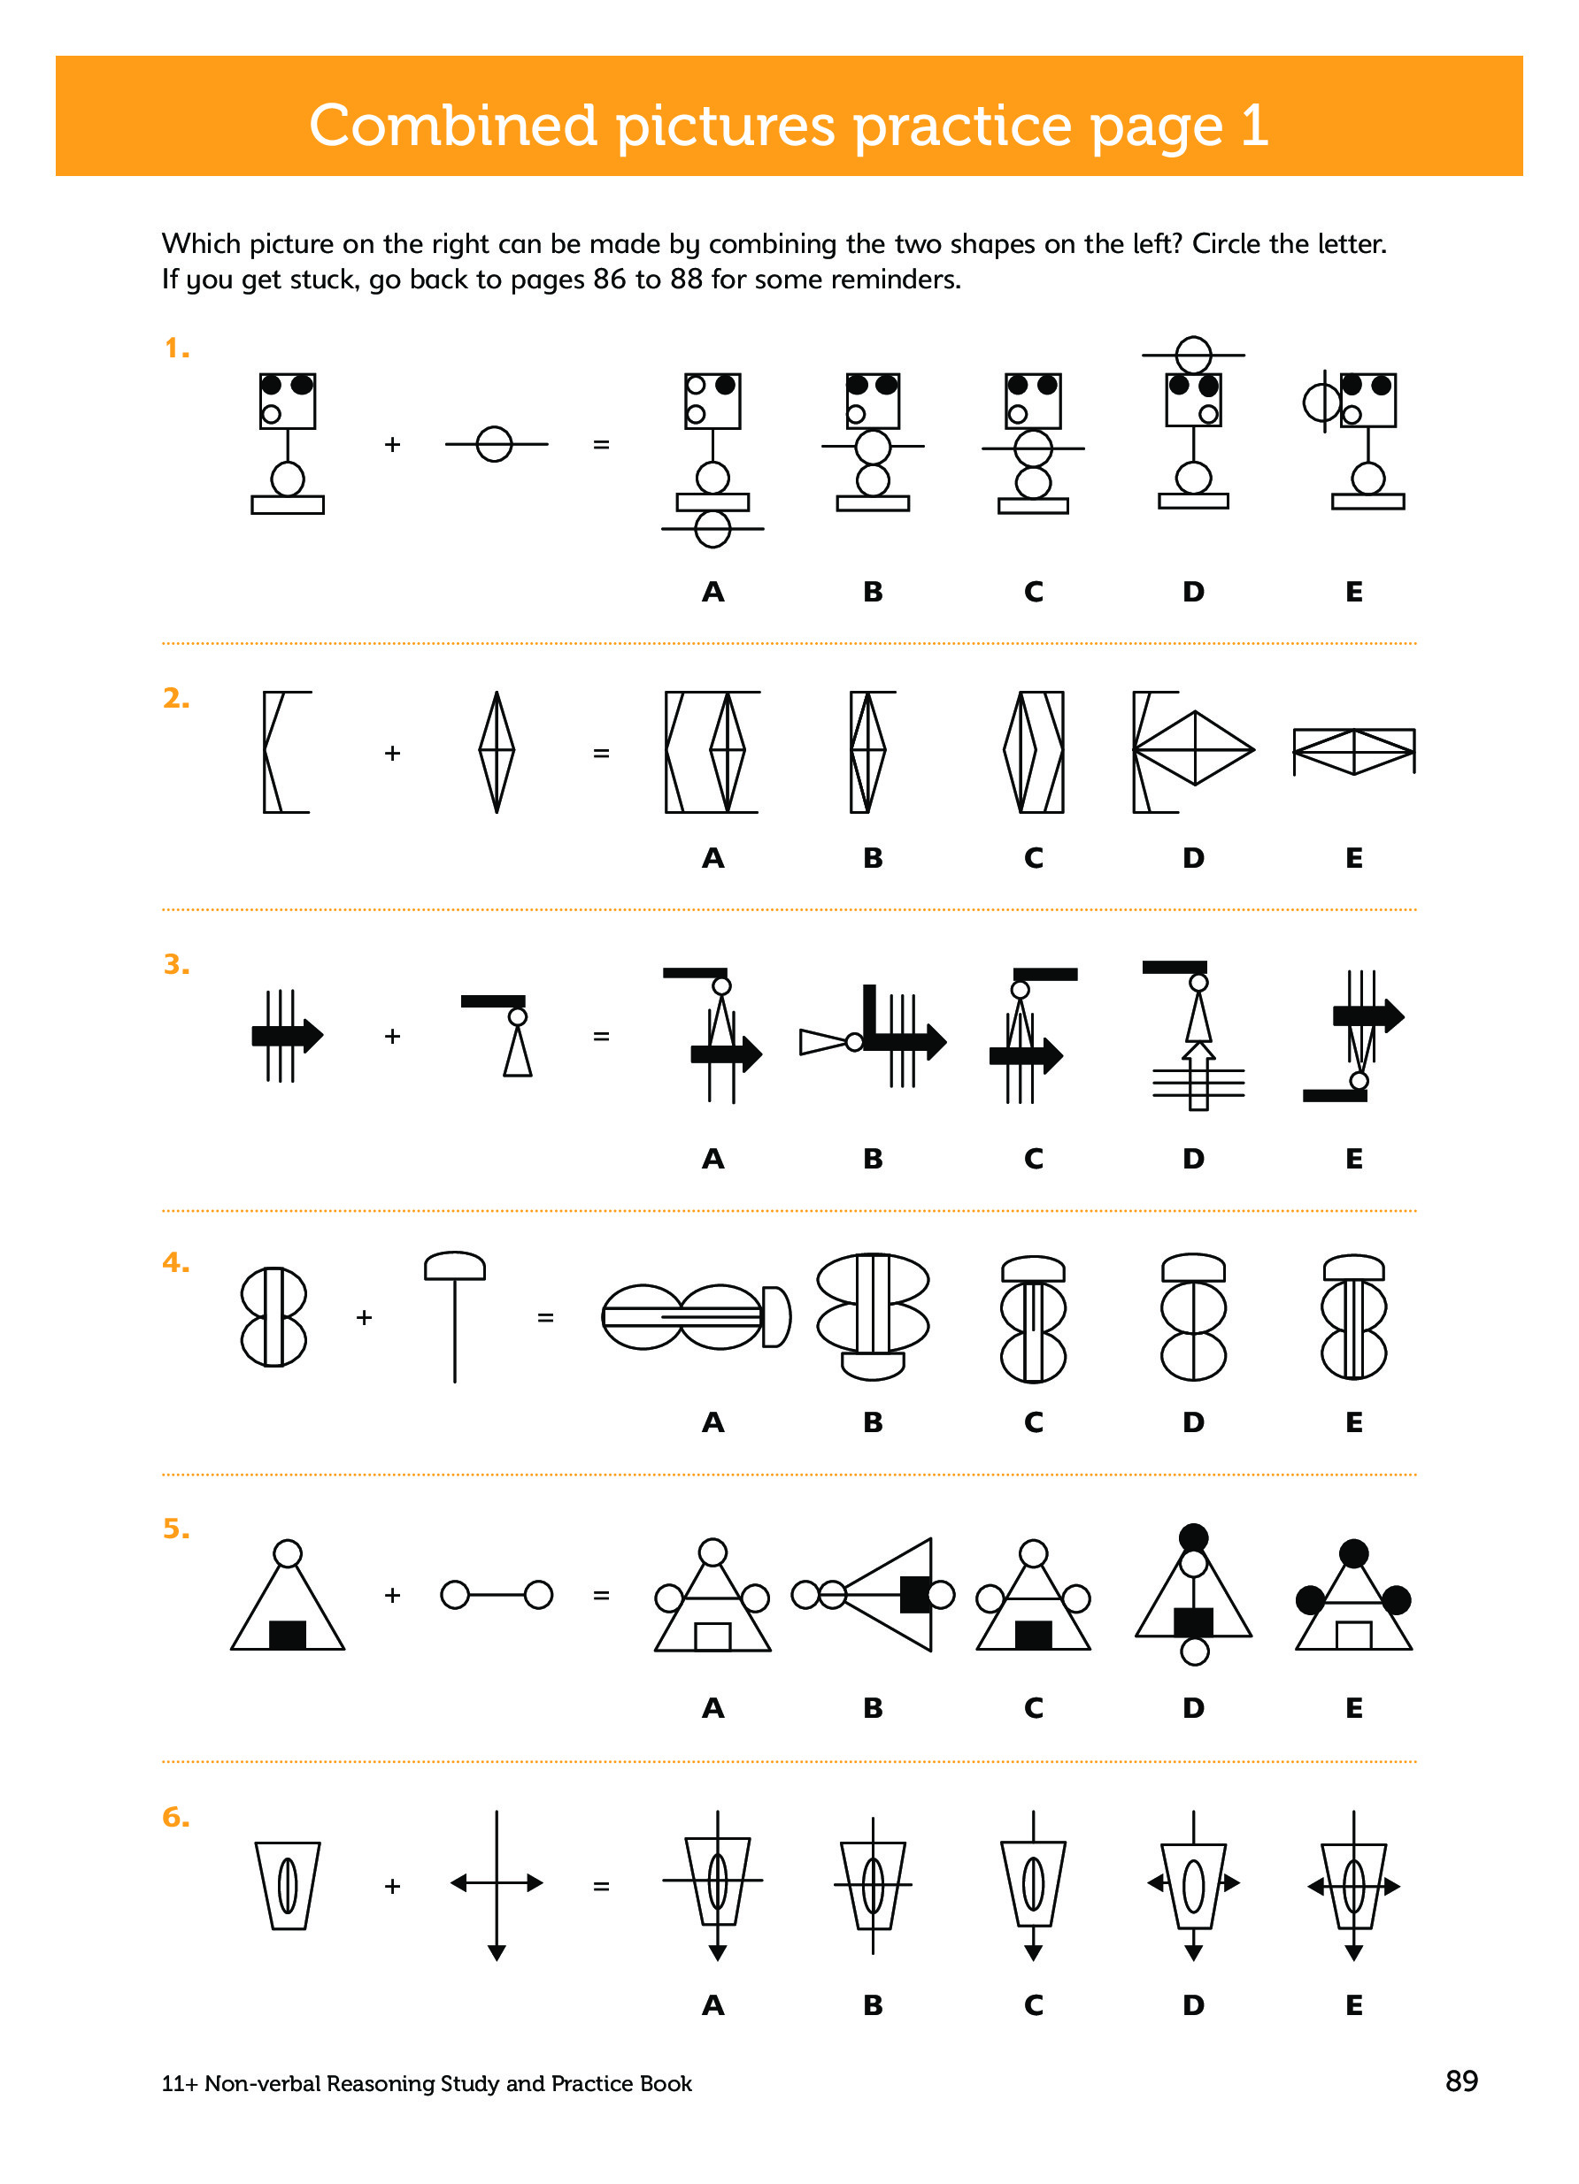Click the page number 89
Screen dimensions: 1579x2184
pyautogui.click(x=1460, y=2081)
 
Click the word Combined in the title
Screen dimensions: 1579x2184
pyautogui.click(x=453, y=126)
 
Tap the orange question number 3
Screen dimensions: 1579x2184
pyautogui.click(x=176, y=964)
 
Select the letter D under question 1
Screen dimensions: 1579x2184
pyautogui.click(x=1193, y=591)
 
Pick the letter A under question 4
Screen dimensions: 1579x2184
pyautogui.click(x=712, y=1422)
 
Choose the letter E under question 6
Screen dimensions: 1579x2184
pyautogui.click(x=1353, y=2005)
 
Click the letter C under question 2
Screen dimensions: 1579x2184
pyautogui.click(x=1033, y=857)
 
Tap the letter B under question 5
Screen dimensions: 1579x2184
pyautogui.click(x=873, y=1707)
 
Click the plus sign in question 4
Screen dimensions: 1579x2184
pyautogui.click(x=364, y=1316)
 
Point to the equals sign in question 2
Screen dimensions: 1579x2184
pyautogui.click(x=601, y=753)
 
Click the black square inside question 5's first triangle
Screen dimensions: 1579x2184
pyautogui.click(x=287, y=1634)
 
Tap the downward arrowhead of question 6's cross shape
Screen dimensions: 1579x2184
pyautogui.click(x=497, y=1952)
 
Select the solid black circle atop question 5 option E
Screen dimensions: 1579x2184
pyautogui.click(x=1353, y=1553)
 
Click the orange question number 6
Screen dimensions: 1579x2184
pyautogui.click(x=176, y=1816)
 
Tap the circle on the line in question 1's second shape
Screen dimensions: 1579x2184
pyautogui.click(x=494, y=444)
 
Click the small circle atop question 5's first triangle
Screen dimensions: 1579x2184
pyautogui.click(x=287, y=1553)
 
